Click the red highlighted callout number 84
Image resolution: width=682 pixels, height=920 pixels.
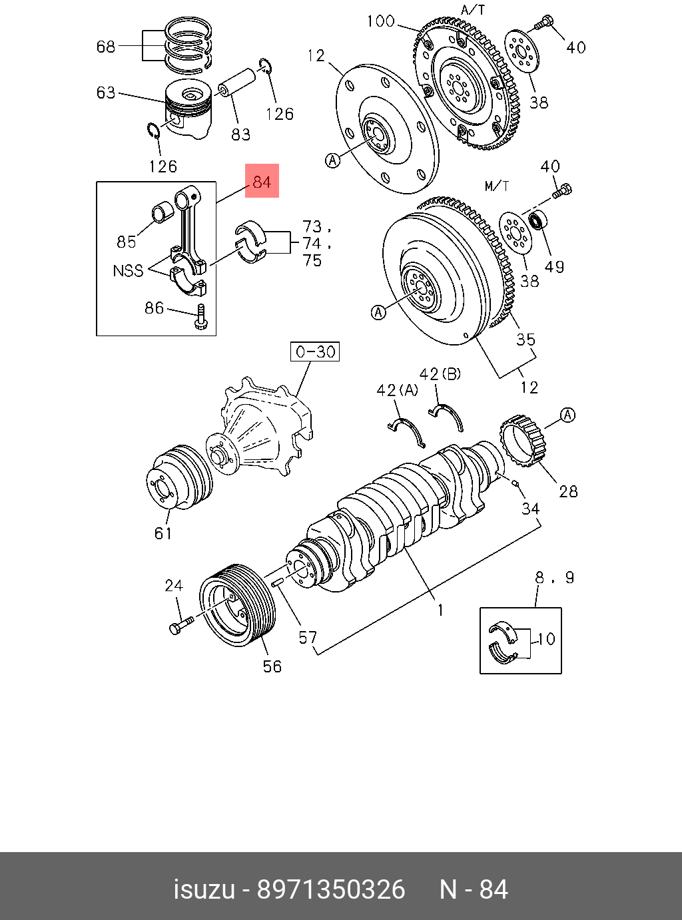262,181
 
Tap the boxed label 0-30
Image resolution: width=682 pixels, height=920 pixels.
315,351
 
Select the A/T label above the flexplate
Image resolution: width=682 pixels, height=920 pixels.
473,10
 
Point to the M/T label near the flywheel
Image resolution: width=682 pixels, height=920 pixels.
497,186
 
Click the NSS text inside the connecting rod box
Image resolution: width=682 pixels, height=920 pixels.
128,271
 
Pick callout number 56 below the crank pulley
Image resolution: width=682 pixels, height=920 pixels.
272,666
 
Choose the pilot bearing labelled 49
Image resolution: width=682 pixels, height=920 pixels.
537,219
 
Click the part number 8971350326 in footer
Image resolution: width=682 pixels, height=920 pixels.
331,889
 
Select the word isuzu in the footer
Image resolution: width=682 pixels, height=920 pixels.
204,889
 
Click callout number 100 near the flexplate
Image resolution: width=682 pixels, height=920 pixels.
380,21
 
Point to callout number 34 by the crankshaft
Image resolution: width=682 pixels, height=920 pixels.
530,509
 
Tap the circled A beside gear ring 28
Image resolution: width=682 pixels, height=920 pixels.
567,415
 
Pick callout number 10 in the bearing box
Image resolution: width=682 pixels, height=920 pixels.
546,639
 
